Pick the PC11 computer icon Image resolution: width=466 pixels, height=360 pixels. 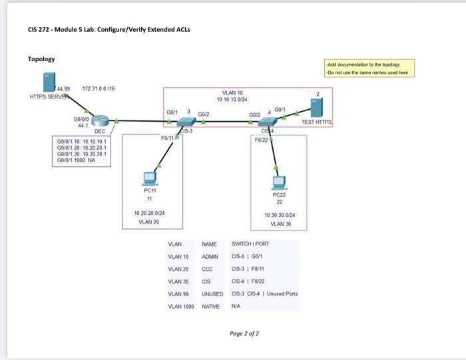(x=150, y=178)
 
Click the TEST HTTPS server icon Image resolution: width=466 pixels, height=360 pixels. (x=316, y=107)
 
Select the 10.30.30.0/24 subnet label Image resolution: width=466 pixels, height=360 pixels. (x=279, y=216)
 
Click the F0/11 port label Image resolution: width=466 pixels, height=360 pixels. (x=168, y=137)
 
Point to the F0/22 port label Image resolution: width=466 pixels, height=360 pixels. (x=261, y=139)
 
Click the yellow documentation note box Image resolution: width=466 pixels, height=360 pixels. (x=369, y=68)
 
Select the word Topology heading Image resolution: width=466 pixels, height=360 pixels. (x=41, y=59)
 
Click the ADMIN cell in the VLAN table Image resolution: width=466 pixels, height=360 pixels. (x=210, y=256)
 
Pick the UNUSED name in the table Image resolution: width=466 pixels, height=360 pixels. (x=212, y=293)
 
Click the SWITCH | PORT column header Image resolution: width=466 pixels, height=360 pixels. (x=250, y=244)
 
